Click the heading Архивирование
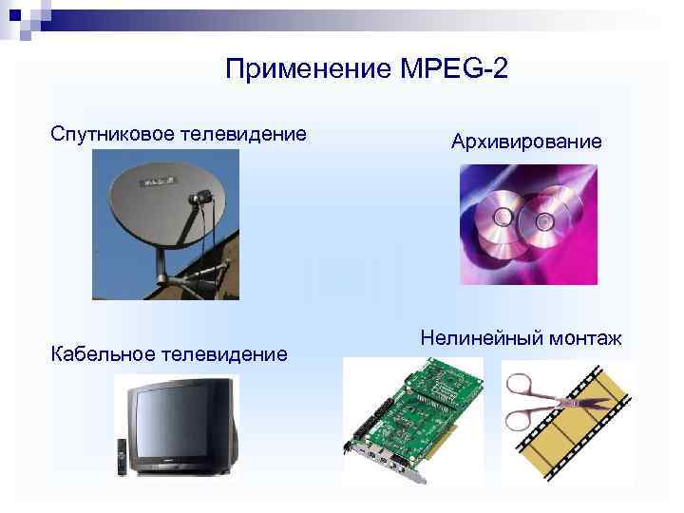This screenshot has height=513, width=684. (526, 142)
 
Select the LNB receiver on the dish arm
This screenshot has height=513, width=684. (202, 199)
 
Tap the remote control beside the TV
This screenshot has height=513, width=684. (122, 456)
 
